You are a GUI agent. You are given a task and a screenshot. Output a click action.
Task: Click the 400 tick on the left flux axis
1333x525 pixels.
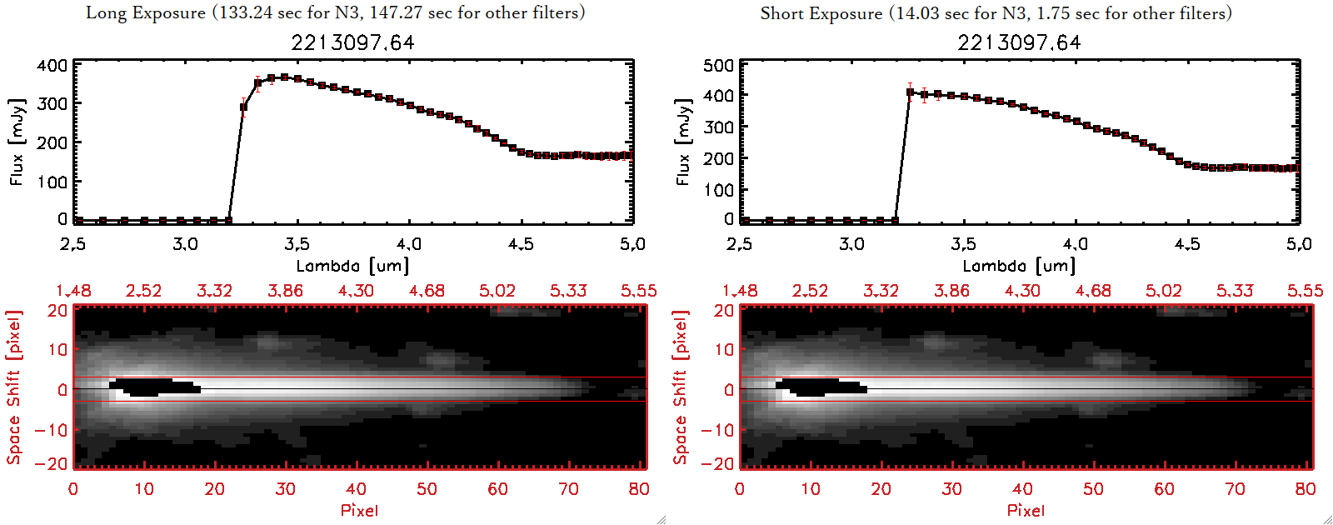(52, 66)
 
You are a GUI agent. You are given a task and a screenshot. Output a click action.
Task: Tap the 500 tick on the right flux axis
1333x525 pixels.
(718, 66)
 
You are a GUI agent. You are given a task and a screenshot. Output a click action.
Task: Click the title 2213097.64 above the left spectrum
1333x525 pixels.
(352, 42)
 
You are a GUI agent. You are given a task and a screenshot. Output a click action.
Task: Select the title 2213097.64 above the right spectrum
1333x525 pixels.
(1019, 42)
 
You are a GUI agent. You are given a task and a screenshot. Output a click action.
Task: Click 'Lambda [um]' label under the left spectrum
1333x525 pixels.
(352, 266)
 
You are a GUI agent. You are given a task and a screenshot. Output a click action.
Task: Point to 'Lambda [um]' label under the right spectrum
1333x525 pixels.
(1019, 266)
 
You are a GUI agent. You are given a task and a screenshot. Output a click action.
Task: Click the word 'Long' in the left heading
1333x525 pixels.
(104, 12)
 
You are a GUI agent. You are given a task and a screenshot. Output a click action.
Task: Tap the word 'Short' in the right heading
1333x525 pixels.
(780, 13)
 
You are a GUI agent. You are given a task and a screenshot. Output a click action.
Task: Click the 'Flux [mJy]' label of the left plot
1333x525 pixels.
(17, 142)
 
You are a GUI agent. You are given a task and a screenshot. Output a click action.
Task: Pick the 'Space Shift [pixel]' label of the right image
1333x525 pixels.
(681, 387)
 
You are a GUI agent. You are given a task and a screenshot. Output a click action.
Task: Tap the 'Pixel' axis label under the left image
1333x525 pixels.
(359, 510)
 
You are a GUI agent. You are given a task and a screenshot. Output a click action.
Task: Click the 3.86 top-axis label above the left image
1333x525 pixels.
(285, 291)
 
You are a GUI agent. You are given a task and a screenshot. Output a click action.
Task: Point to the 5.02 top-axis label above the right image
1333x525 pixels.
(1163, 291)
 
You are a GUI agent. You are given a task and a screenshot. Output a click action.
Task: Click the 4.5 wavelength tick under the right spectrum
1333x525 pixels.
(1187, 244)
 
